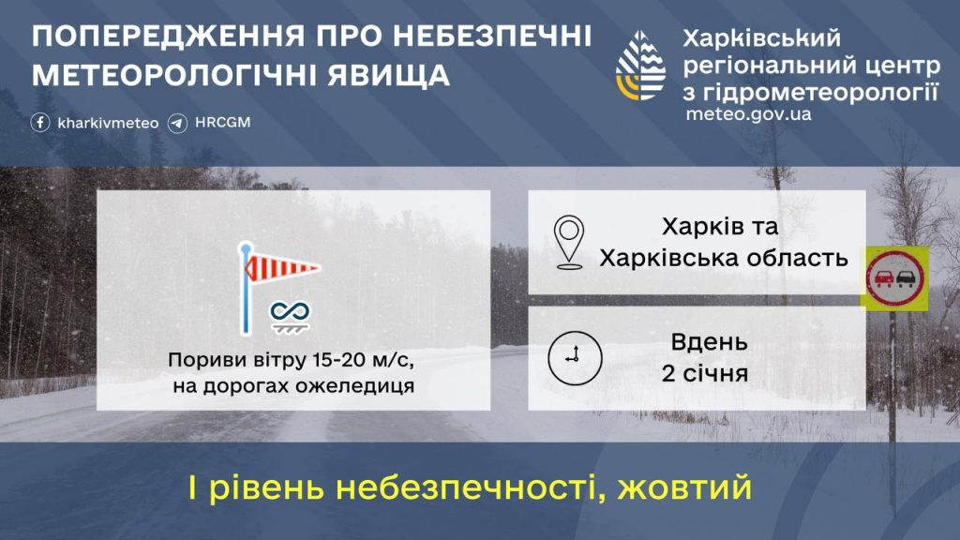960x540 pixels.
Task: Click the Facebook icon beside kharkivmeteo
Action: [40, 123]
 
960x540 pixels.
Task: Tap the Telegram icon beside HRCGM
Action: [178, 123]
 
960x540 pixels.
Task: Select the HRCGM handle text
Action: [223, 123]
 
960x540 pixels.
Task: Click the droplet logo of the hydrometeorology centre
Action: [641, 67]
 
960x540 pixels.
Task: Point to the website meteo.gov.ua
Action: [748, 114]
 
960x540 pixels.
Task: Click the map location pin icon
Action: [569, 242]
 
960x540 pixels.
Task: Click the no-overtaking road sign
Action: [894, 277]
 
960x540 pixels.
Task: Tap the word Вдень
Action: [709, 343]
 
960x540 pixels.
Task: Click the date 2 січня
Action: [704, 374]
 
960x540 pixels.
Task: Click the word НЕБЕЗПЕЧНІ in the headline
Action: [493, 37]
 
